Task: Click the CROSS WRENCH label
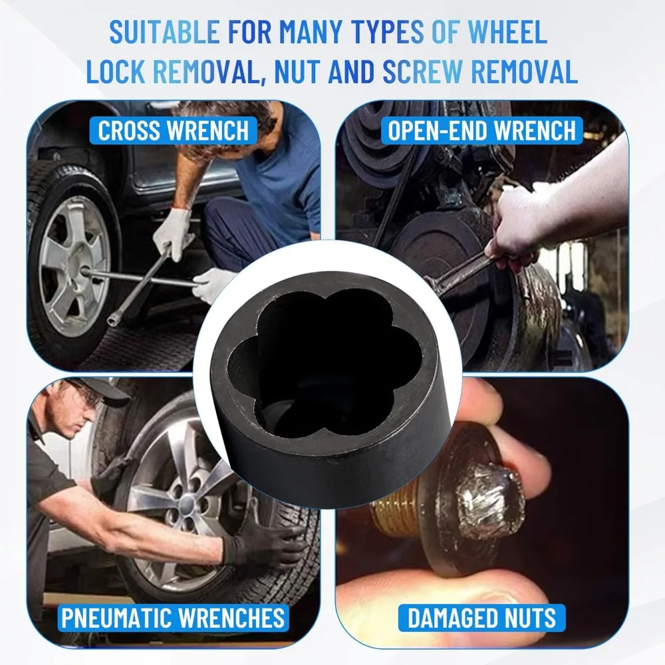(173, 130)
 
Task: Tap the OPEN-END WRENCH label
(482, 130)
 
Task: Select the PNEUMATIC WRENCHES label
(173, 618)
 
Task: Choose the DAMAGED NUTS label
(482, 618)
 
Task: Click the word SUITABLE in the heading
(163, 32)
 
